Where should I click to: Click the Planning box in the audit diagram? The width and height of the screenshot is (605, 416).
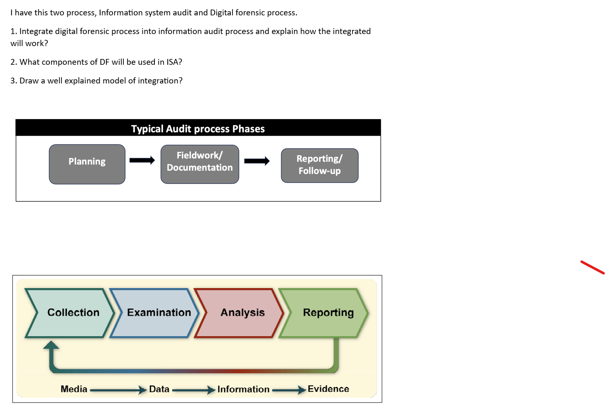(87, 164)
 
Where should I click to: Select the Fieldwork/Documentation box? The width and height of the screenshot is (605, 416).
(200, 164)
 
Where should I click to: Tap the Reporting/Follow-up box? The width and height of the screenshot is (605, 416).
(319, 165)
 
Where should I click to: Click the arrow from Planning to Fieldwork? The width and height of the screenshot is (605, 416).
(142, 160)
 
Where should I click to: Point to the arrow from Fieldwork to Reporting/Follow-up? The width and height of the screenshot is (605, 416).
(257, 161)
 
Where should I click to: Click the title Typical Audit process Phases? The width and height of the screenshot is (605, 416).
(198, 129)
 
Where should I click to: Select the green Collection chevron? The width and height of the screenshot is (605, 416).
(71, 313)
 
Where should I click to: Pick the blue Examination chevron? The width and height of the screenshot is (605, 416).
(156, 313)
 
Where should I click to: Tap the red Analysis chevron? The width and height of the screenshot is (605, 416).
(241, 313)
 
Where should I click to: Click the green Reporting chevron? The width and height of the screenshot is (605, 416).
(326, 313)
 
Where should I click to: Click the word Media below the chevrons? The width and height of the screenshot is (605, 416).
(74, 389)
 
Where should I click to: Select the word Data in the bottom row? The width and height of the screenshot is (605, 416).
(159, 389)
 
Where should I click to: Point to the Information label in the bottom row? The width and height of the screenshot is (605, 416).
(243, 389)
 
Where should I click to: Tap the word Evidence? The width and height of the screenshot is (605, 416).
(328, 389)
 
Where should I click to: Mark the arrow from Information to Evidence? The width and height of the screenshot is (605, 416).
(289, 390)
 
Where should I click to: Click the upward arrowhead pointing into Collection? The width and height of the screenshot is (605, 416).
(51, 345)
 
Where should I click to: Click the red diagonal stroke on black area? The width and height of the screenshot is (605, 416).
(593, 267)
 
